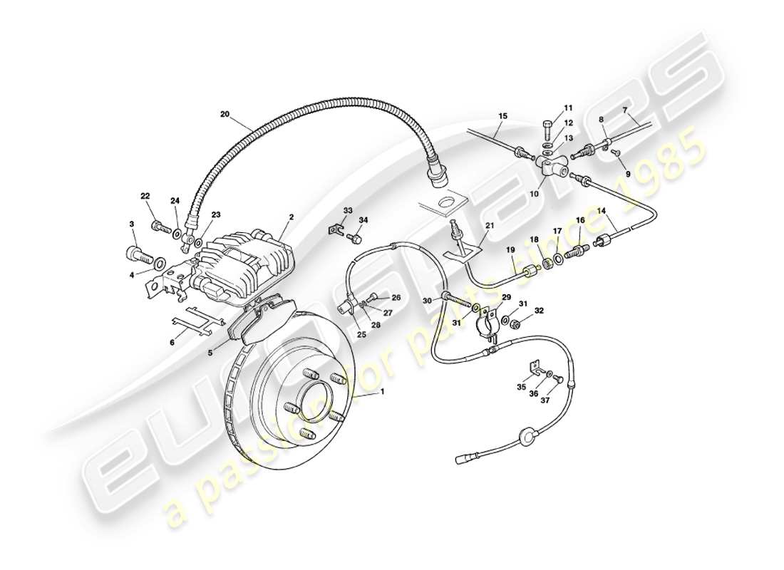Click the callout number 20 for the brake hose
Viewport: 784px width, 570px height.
click(225, 114)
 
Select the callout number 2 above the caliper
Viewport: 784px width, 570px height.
click(290, 217)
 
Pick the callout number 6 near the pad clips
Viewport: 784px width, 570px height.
click(171, 343)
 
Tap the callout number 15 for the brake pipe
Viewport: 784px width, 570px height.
click(502, 115)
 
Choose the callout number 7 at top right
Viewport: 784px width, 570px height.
click(624, 110)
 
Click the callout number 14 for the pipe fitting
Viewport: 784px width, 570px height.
click(602, 211)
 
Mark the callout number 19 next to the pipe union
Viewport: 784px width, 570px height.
click(510, 249)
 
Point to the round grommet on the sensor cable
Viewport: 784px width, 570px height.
click(528, 435)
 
